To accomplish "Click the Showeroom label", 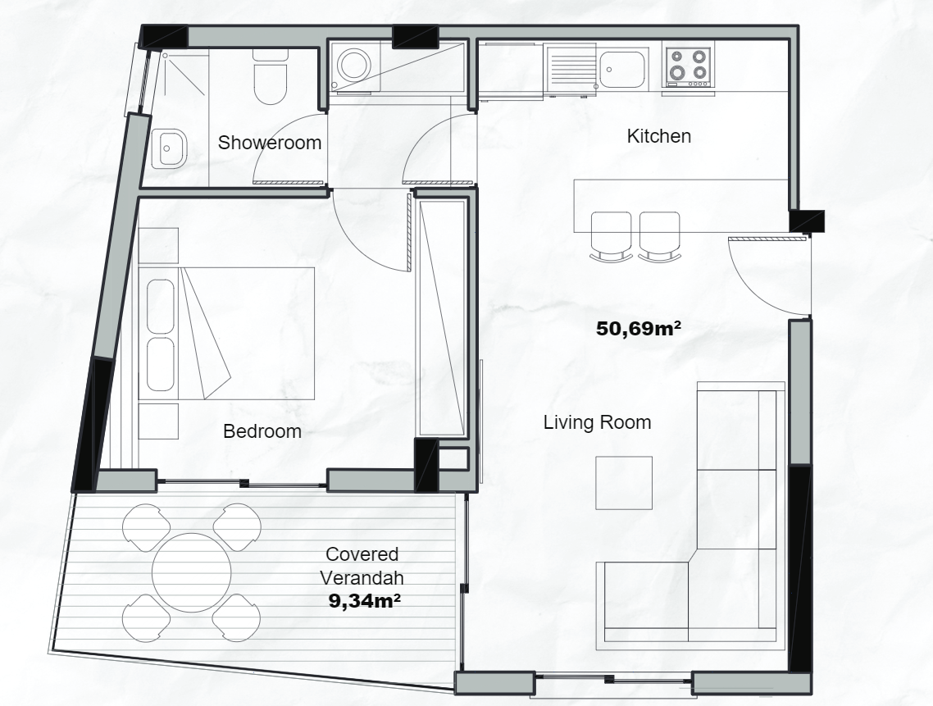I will (x=269, y=143).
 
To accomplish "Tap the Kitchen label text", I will (x=658, y=136).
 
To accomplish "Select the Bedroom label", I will (x=262, y=431).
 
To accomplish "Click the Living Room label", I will (x=597, y=423).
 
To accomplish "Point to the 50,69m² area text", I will (x=640, y=330).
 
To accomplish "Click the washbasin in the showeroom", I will (x=170, y=149).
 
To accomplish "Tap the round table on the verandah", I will (x=192, y=572).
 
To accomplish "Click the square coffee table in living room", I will (x=623, y=483).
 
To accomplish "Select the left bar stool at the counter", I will (x=611, y=234).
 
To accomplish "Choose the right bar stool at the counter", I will (x=659, y=234).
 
